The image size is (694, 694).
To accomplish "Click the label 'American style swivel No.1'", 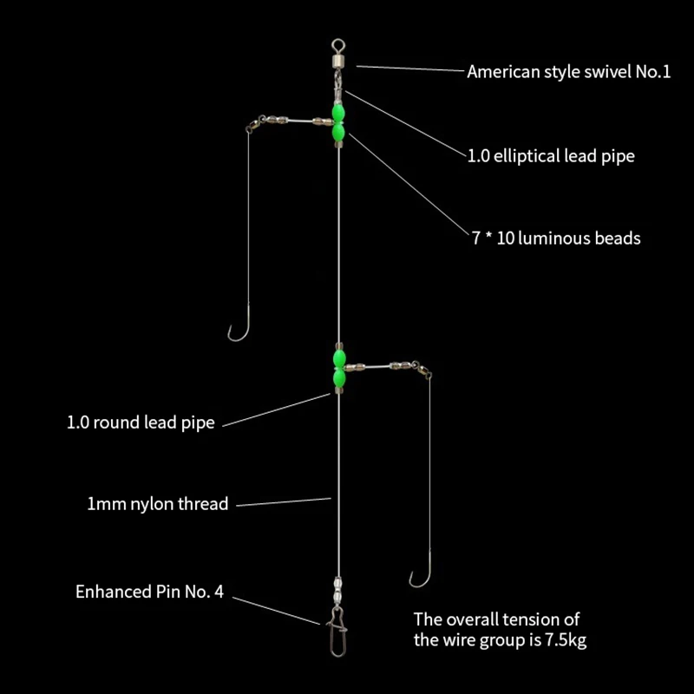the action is click(x=569, y=72).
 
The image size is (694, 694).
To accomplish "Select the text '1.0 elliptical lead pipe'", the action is click(x=551, y=156).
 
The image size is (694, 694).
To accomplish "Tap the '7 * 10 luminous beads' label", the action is click(x=556, y=238).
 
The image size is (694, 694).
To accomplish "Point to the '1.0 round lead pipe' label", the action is click(x=141, y=422).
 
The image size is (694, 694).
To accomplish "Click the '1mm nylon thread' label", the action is click(x=158, y=504).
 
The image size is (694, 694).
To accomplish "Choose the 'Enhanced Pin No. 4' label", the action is click(x=149, y=592).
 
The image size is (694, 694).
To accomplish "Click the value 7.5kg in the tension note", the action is click(x=566, y=640).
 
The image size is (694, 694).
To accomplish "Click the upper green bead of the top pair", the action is click(x=338, y=112).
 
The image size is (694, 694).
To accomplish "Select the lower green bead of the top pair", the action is click(x=338, y=131).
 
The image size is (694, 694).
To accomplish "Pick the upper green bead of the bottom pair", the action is click(x=339, y=358).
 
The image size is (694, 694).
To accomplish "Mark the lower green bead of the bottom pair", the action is click(x=339, y=377).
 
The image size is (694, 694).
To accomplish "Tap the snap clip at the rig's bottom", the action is click(x=337, y=632).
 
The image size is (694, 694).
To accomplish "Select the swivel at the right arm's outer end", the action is click(x=422, y=370).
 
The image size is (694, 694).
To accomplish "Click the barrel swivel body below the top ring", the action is click(x=338, y=58).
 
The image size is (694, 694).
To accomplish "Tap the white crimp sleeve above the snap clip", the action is click(x=338, y=588).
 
